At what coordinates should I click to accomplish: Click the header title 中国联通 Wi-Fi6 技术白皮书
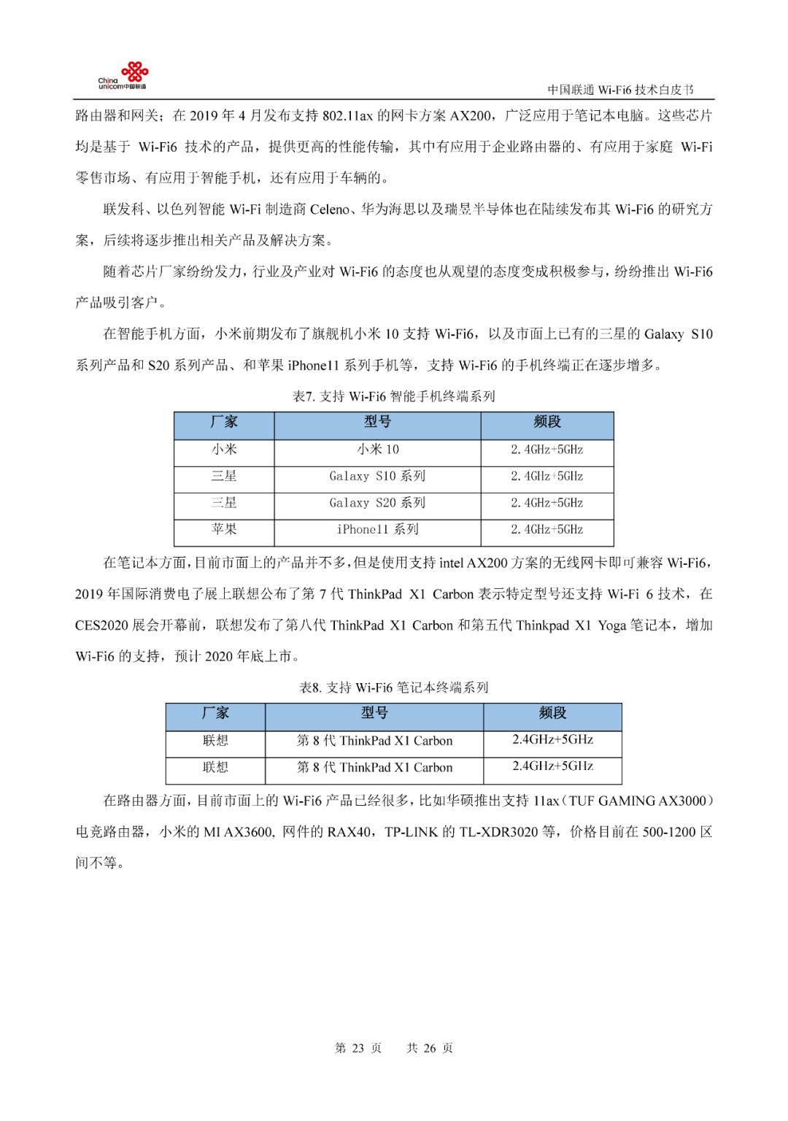(620, 90)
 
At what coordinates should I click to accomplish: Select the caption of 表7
(393, 396)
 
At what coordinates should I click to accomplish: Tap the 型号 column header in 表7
(377, 423)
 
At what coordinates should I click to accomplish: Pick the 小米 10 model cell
(377, 450)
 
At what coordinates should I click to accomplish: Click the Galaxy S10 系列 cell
(377, 477)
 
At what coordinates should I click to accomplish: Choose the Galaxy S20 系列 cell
(377, 503)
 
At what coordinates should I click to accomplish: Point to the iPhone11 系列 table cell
(377, 530)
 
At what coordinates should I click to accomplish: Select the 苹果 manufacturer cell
(224, 530)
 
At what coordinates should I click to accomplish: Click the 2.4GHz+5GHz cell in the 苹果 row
(546, 530)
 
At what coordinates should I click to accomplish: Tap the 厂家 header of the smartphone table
(224, 423)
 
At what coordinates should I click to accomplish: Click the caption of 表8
(393, 687)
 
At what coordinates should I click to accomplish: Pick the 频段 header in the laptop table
(552, 714)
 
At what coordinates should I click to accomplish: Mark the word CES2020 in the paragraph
(102, 625)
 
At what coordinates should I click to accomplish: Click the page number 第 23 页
(358, 1048)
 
